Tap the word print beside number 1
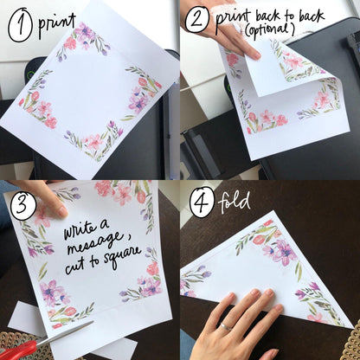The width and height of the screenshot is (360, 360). [56, 23]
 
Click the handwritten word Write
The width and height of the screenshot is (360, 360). [86, 232]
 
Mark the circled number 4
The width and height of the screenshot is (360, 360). [202, 201]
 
